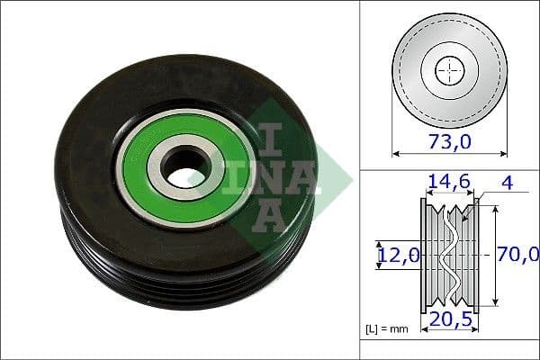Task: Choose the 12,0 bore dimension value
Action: (399, 255)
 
